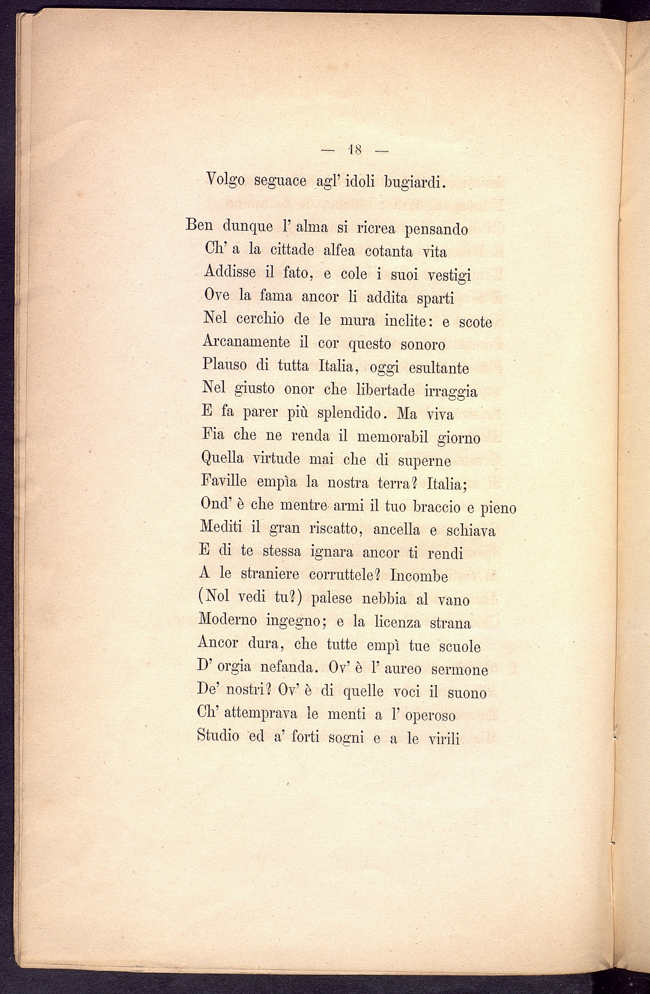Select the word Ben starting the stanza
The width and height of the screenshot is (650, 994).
pos(200,226)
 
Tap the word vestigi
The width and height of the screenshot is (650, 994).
pos(449,276)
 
